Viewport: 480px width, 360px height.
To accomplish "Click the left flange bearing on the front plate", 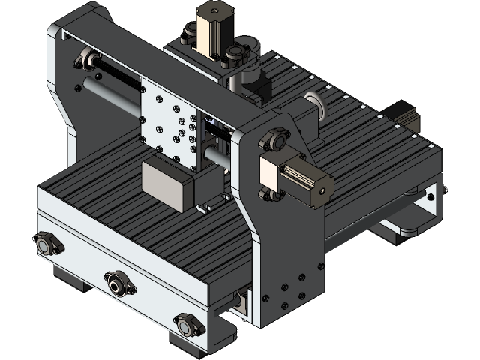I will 47,243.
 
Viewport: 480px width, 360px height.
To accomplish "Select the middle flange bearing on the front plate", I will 117,283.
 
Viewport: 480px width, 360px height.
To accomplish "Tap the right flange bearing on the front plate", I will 187,325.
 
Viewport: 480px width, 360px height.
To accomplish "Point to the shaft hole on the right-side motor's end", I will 323,190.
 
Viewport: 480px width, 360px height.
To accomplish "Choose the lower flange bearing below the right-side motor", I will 271,195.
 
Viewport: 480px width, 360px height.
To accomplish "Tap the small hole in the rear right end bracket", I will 430,197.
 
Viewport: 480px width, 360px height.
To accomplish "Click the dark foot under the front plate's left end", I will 71,277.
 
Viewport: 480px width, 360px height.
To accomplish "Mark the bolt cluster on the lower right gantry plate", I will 288,289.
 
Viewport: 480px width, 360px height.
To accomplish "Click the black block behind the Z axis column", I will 261,89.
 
